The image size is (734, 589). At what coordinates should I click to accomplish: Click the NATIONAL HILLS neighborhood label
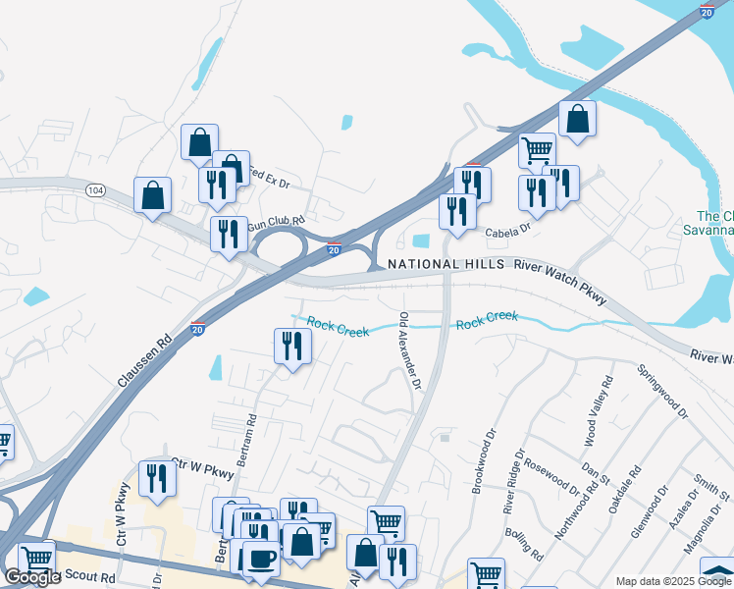click(446, 264)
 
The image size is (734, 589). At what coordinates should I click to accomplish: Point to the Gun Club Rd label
click(278, 224)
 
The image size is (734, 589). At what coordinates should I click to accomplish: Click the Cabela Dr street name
click(508, 232)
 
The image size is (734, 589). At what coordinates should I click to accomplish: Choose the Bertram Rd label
click(252, 433)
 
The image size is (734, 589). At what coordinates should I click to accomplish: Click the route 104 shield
click(95, 188)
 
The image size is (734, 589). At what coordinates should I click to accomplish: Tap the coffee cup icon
click(261, 559)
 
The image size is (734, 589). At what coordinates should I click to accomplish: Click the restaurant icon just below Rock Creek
click(291, 348)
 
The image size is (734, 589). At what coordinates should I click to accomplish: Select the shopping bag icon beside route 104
click(153, 195)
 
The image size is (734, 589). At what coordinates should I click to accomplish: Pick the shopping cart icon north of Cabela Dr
click(537, 152)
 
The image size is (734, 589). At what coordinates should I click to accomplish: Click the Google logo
click(32, 577)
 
